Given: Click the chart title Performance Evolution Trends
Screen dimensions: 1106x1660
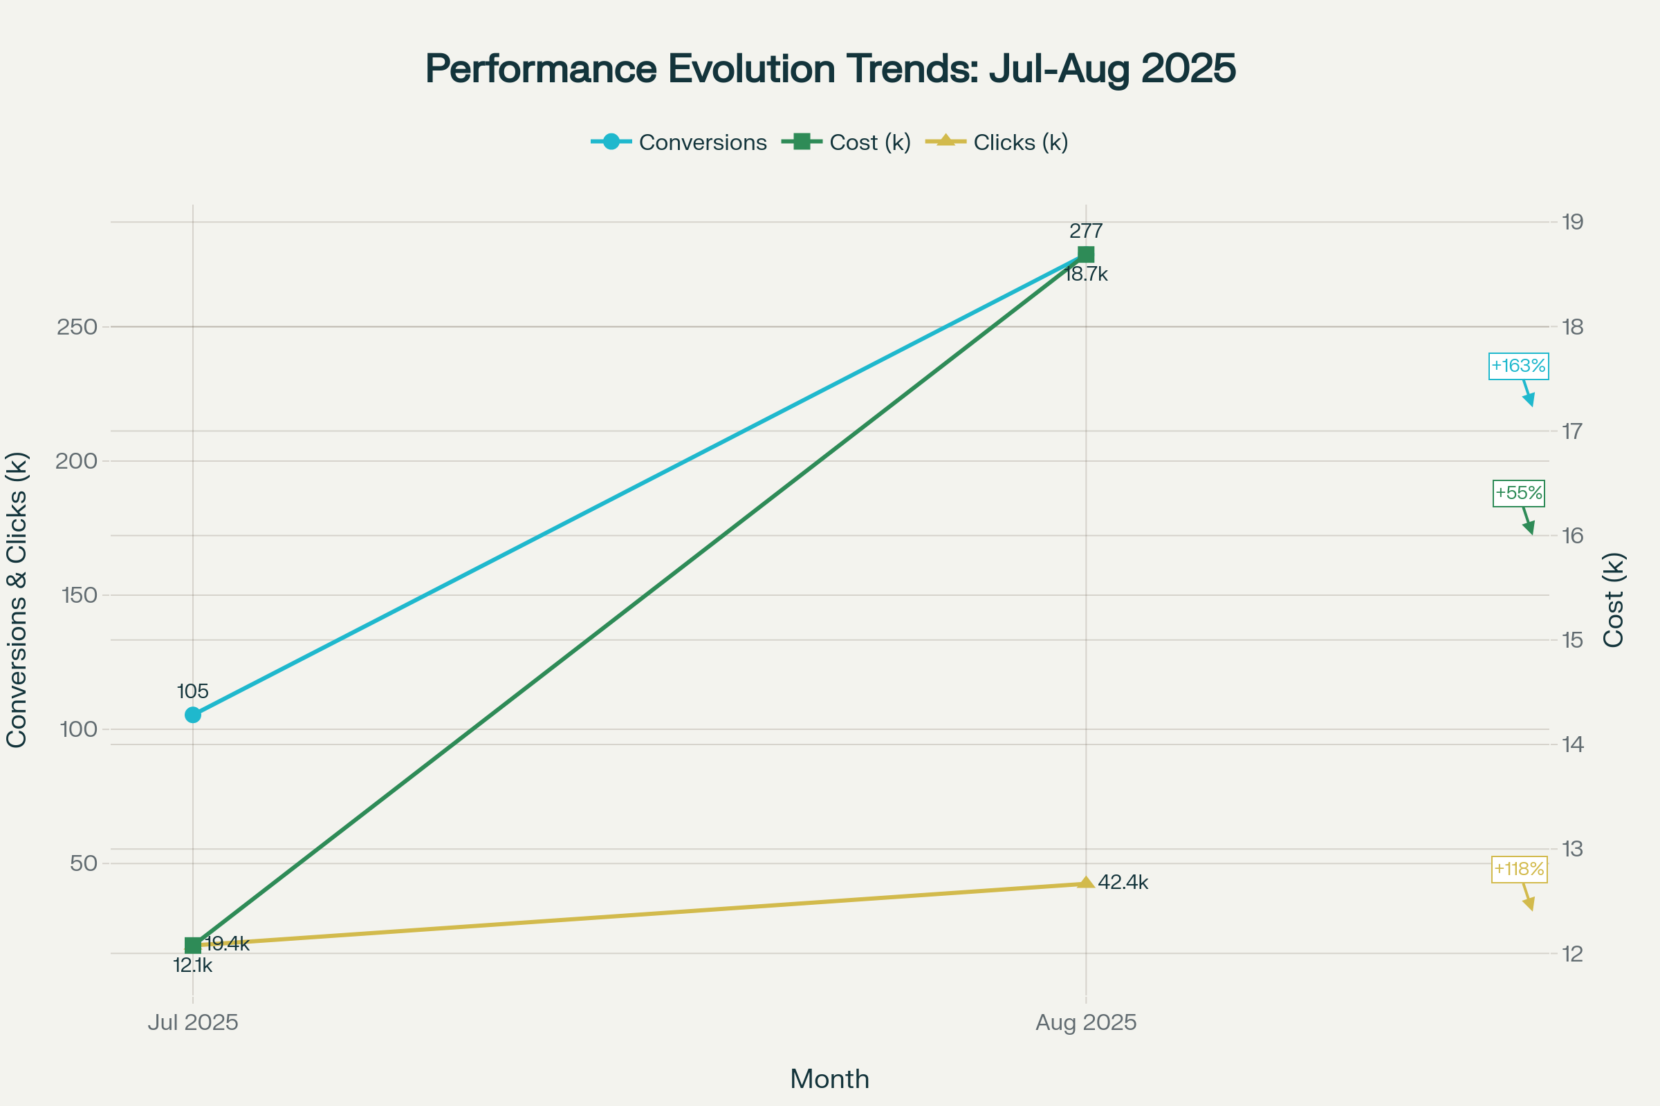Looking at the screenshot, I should coord(830,69).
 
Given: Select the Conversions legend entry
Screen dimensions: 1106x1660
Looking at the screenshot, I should coord(679,142).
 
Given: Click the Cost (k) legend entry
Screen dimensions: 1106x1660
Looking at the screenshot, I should coord(847,142).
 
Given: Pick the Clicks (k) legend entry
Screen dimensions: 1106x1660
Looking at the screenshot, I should coord(997,142).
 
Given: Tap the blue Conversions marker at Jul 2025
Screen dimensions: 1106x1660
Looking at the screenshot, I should coord(193,715).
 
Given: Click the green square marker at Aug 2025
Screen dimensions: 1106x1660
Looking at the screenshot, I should coord(1085,254).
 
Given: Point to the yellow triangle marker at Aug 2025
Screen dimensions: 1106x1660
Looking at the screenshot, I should coord(1085,883).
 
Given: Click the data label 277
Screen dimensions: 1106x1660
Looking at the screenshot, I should coord(1085,231).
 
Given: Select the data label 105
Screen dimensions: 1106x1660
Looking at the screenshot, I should coord(193,691).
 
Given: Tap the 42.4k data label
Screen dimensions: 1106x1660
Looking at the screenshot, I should coord(1123,883).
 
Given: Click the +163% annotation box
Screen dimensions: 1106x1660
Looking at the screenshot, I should coord(1518,366).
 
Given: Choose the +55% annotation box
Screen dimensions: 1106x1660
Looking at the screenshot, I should coord(1518,493).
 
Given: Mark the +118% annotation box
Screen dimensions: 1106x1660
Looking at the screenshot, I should coord(1518,869).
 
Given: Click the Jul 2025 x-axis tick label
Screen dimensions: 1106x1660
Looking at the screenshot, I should coord(193,1023).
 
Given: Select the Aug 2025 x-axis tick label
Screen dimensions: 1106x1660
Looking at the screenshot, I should coord(1085,1023).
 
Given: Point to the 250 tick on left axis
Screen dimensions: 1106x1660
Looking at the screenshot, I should coord(77,327).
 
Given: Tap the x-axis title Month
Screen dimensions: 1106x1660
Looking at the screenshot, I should coord(829,1079).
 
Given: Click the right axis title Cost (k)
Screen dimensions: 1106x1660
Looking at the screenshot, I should coord(1614,599).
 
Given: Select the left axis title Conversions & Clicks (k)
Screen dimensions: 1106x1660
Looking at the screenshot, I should coord(17,599).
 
